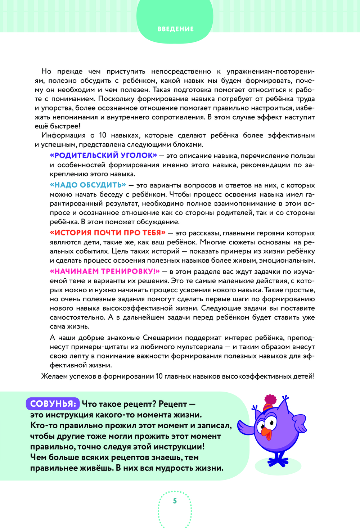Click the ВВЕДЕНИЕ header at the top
176,29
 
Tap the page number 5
175,501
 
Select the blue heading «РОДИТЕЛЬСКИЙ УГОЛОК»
103,155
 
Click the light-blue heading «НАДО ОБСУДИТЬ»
88,185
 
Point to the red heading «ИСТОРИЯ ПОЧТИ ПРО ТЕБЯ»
108,233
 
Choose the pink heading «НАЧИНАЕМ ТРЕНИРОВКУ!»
105,271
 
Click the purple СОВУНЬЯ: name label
53,404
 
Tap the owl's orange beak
266,432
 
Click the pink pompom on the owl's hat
270,400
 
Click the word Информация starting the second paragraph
63,135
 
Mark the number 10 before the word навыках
103,135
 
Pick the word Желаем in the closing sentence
54,376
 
